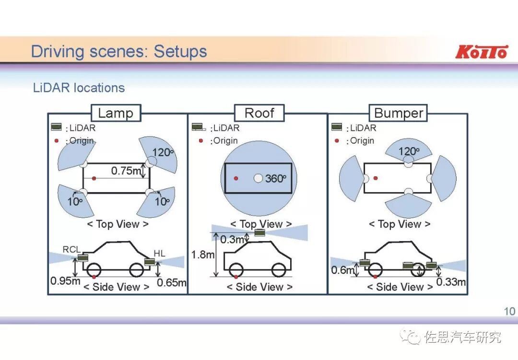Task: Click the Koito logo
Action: point(481,51)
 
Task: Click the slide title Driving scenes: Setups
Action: point(118,51)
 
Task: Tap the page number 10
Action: point(509,311)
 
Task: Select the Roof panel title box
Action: point(259,113)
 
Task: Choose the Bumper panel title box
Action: point(399,113)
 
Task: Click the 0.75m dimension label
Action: point(126,171)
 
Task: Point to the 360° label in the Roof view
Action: point(275,178)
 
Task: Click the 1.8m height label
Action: point(202,255)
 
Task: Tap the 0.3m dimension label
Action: point(232,239)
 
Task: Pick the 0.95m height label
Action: point(65,281)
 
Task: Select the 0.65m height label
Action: point(171,282)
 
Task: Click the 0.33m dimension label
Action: point(451,281)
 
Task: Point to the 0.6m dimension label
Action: point(342,270)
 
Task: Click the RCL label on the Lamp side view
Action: point(72,249)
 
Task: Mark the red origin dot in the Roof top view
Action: point(236,178)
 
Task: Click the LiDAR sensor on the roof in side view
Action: point(259,233)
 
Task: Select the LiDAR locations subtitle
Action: point(79,88)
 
